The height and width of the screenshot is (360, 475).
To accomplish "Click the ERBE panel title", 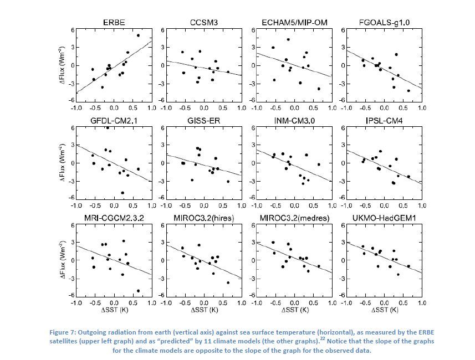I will (114, 22).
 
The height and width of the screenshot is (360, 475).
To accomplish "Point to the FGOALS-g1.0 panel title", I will (384, 22).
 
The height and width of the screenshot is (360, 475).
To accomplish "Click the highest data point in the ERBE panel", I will (138, 35).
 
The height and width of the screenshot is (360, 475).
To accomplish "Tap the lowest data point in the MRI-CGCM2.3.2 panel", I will (138, 291).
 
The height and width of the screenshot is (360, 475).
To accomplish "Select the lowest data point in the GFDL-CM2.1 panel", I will (122, 193).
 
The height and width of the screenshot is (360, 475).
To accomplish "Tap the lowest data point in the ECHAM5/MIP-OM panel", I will (319, 89).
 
